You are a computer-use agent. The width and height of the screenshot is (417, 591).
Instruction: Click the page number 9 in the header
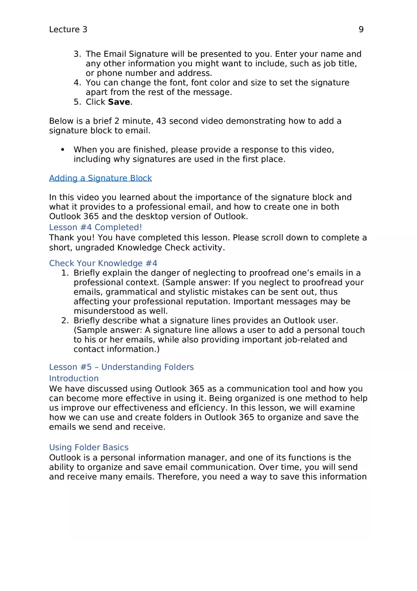click(x=361, y=29)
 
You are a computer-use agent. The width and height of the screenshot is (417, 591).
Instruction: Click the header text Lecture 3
click(x=68, y=29)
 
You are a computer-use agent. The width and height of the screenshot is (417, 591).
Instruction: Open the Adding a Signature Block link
click(x=100, y=178)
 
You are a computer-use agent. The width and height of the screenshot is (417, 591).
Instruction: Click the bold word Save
click(x=119, y=102)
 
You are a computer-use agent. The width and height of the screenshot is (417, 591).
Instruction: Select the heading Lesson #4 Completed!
click(x=96, y=227)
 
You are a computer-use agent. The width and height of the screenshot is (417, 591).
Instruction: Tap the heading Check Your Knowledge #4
click(x=103, y=263)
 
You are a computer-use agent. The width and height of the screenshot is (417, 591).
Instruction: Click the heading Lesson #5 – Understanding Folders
click(x=121, y=367)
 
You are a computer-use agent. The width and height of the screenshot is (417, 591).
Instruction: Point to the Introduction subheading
click(x=74, y=378)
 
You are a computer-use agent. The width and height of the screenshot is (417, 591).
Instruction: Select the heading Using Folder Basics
click(x=89, y=447)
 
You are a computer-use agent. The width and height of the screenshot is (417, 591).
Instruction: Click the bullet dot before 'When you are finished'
click(x=63, y=150)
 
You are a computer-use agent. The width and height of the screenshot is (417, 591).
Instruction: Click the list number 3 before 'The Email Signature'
click(x=77, y=54)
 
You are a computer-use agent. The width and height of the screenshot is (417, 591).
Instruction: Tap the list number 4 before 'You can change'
click(x=77, y=82)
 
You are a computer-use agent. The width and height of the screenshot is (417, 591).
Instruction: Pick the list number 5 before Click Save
click(x=77, y=102)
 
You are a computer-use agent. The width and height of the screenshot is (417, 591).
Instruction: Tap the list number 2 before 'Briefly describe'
click(x=64, y=320)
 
